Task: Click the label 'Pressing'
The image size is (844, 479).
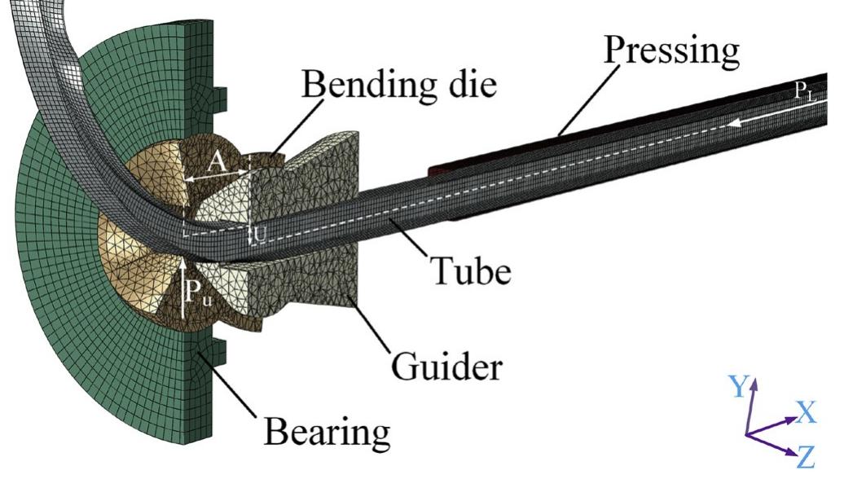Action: coord(672,52)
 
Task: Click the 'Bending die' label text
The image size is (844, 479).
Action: coord(399,84)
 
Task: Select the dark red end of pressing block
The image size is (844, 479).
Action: coord(435,170)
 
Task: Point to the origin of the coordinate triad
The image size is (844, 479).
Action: coord(749,433)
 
